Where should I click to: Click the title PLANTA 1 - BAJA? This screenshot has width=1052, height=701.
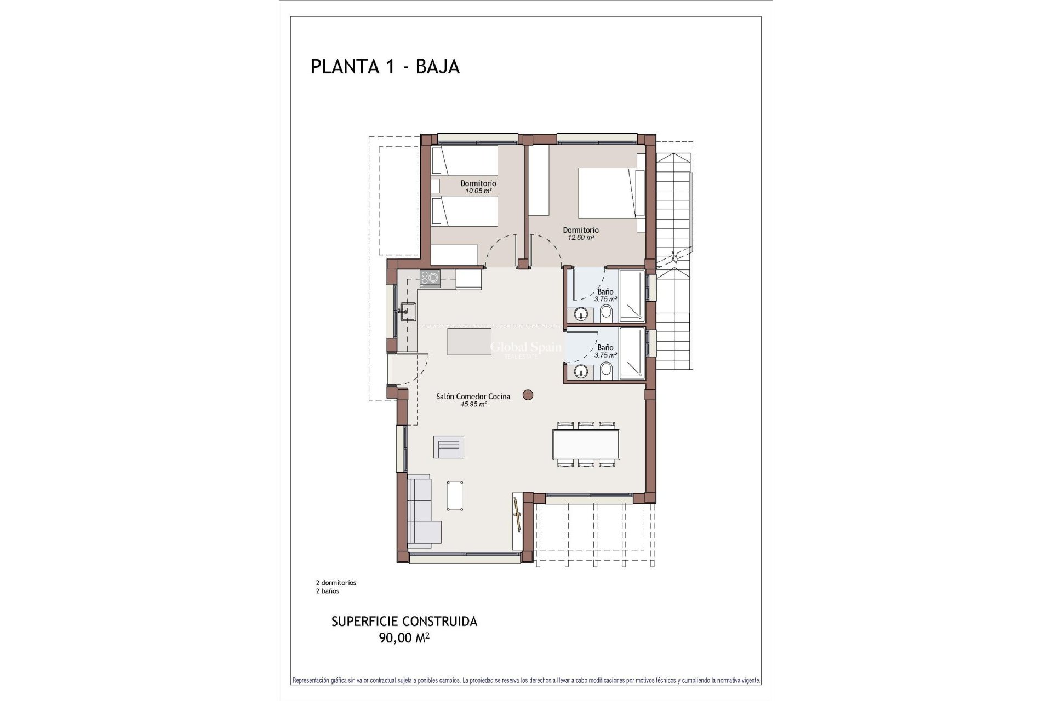coord(385,66)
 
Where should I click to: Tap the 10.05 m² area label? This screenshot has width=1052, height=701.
coord(478,191)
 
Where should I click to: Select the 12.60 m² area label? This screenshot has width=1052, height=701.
coord(581,238)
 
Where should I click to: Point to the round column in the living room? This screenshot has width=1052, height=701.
coord(528,394)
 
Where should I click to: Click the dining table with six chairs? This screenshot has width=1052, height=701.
coord(586,444)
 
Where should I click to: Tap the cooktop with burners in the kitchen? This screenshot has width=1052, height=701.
coord(430,278)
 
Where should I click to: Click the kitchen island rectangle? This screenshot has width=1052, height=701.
coord(469,341)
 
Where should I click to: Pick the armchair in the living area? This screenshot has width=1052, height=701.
coord(449,447)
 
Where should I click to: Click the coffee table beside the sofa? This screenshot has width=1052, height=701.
coord(455,495)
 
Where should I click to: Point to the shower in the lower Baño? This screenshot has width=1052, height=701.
coord(631,353)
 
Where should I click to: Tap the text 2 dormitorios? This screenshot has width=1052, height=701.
coord(336,583)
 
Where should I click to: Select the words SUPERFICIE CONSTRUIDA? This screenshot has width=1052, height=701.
coord(404,622)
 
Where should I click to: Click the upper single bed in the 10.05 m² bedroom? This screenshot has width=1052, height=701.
coord(464,160)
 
